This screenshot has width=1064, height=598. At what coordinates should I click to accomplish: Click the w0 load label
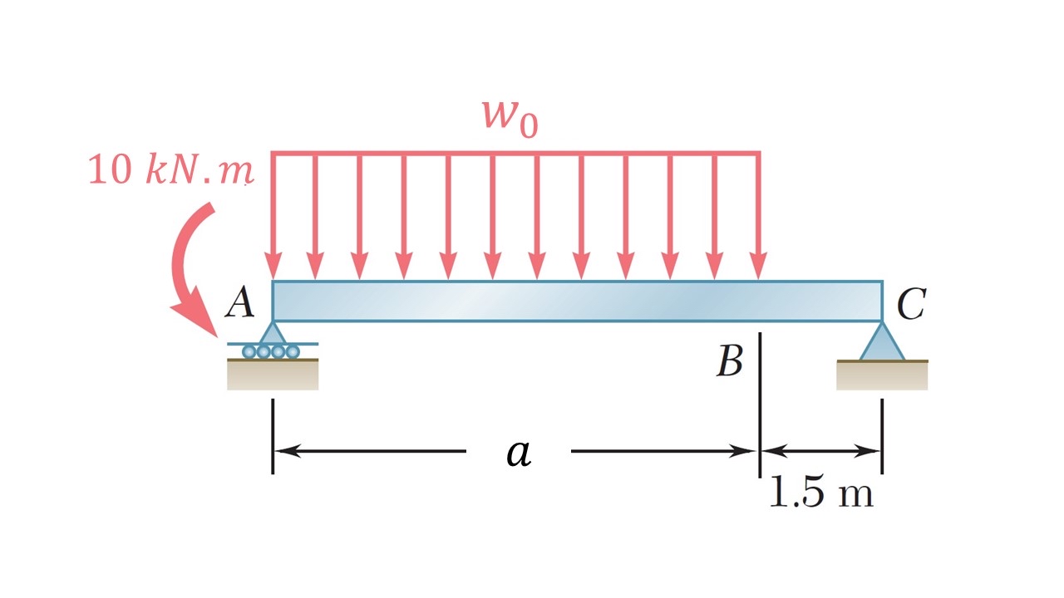510,118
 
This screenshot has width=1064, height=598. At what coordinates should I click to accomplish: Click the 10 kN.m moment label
170,172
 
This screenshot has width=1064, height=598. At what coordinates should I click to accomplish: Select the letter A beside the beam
240,304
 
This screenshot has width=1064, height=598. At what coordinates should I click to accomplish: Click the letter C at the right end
911,306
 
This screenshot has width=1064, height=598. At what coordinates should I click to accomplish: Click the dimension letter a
519,453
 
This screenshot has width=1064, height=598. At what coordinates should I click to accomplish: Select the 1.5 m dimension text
820,493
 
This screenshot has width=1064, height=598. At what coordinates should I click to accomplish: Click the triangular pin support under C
882,342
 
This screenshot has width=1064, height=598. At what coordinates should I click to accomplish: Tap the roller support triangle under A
273,333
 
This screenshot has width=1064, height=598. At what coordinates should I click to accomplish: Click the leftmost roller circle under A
249,351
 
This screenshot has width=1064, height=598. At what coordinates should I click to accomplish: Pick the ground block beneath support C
882,375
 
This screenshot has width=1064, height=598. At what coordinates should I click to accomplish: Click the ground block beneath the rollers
273,375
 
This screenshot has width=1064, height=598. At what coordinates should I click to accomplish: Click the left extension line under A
273,436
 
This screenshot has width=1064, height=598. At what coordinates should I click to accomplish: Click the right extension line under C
882,436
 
